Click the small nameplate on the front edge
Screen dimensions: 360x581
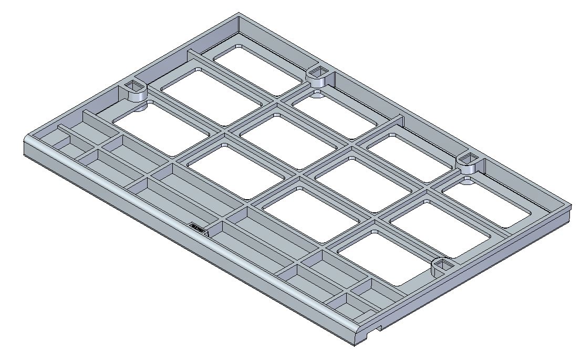198,227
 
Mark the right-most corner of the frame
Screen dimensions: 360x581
570,206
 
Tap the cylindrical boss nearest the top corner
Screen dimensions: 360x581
317,76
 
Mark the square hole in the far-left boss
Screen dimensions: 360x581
136,87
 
